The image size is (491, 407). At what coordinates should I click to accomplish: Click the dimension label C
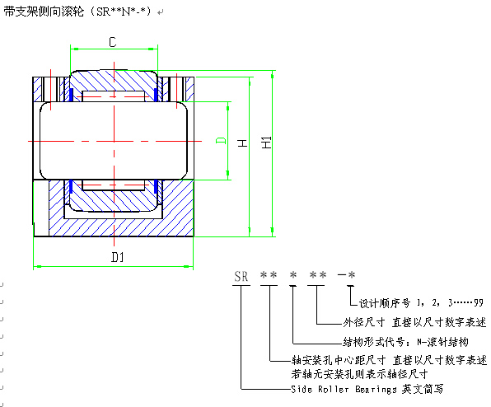click(x=113, y=42)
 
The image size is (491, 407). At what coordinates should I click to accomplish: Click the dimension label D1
click(x=118, y=257)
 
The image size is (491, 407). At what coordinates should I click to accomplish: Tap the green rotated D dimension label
click(x=221, y=140)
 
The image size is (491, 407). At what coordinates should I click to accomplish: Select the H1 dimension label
click(x=266, y=143)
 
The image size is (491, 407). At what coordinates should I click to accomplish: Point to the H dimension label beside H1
click(x=243, y=143)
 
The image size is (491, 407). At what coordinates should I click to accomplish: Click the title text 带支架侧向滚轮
click(x=44, y=12)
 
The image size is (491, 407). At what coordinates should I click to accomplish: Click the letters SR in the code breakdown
click(x=241, y=277)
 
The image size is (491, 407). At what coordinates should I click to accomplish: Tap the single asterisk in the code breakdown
click(x=292, y=275)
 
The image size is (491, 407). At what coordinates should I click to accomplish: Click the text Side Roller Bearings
click(x=344, y=389)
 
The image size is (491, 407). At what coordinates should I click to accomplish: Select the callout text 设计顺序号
click(x=384, y=302)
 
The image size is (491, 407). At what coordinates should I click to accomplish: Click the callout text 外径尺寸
click(x=363, y=322)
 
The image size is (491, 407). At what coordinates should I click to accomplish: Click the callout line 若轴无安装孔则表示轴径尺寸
click(x=359, y=374)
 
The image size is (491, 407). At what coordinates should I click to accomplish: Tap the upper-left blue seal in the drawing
click(x=71, y=95)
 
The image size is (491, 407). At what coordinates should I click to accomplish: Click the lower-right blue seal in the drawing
click(x=156, y=187)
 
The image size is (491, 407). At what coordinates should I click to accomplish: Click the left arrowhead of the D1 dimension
click(x=37, y=266)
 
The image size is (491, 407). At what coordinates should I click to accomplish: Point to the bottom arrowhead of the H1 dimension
click(x=272, y=232)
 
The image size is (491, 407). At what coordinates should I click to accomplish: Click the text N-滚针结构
click(x=442, y=342)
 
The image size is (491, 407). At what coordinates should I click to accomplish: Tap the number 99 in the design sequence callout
click(x=478, y=302)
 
